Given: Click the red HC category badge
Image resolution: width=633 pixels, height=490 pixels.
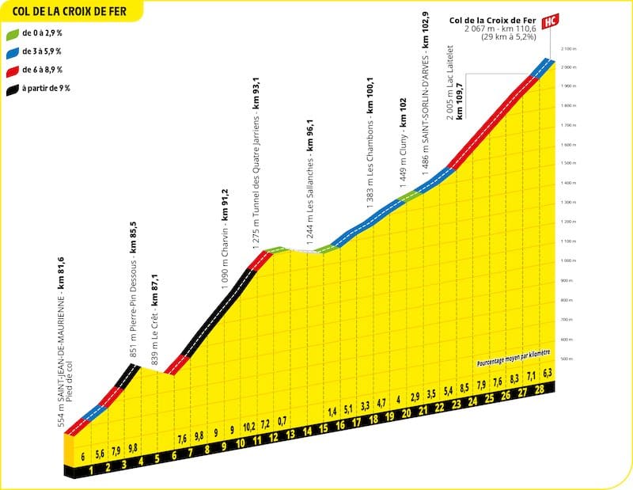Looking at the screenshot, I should coord(553,20).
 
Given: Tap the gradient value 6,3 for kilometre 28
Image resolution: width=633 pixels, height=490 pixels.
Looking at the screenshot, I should coord(546,373).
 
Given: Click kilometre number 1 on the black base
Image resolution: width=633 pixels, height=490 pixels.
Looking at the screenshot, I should coord(92,470).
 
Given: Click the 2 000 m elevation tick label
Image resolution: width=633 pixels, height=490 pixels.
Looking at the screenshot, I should coord(566,68).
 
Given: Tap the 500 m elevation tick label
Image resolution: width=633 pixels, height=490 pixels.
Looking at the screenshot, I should coord(565,359).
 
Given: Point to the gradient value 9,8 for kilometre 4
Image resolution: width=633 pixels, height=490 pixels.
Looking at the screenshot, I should coord(132,449).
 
